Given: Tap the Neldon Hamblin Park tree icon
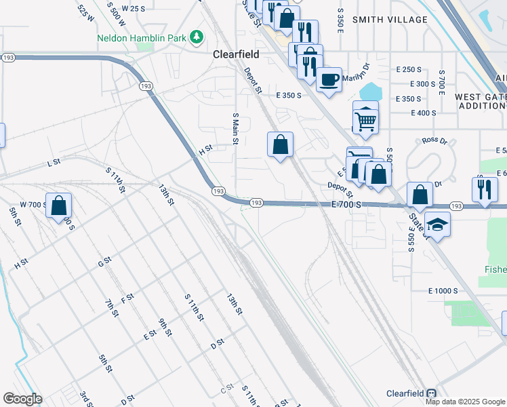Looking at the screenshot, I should [x=197, y=36].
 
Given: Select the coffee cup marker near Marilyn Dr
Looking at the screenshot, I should [x=329, y=80].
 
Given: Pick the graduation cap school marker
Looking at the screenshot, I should [x=438, y=225].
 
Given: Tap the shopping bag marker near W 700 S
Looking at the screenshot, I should [x=59, y=205].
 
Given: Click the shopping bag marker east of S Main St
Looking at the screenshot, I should [x=280, y=144].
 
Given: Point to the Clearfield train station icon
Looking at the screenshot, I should [x=432, y=393].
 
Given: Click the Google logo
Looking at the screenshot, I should [x=22, y=399].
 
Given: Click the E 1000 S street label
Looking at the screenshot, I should [x=443, y=291].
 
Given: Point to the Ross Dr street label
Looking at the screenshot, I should [x=434, y=141].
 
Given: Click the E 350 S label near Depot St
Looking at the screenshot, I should [x=288, y=96].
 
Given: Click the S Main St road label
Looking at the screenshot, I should [x=236, y=128].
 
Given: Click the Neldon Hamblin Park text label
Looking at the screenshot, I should [x=141, y=38].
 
